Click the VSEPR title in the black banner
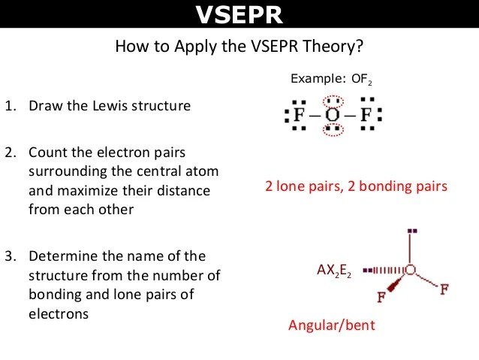pyautogui.click(x=239, y=14)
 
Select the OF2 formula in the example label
pyautogui.click(x=362, y=79)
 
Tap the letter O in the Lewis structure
pyautogui.click(x=333, y=115)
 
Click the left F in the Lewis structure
pyautogui.click(x=299, y=115)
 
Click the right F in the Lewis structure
pyautogui.click(x=366, y=115)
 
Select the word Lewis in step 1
pyautogui.click(x=110, y=106)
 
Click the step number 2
pyautogui.click(x=10, y=153)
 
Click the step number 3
pyautogui.click(x=10, y=256)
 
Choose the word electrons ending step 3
pyautogui.click(x=59, y=314)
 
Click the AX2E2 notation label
pyautogui.click(x=334, y=271)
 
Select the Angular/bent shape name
pyautogui.click(x=331, y=325)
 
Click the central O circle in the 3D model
pyautogui.click(x=411, y=270)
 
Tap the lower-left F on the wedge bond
pyautogui.click(x=381, y=297)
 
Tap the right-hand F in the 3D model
pyautogui.click(x=444, y=289)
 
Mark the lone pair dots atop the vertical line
pyautogui.click(x=412, y=231)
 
